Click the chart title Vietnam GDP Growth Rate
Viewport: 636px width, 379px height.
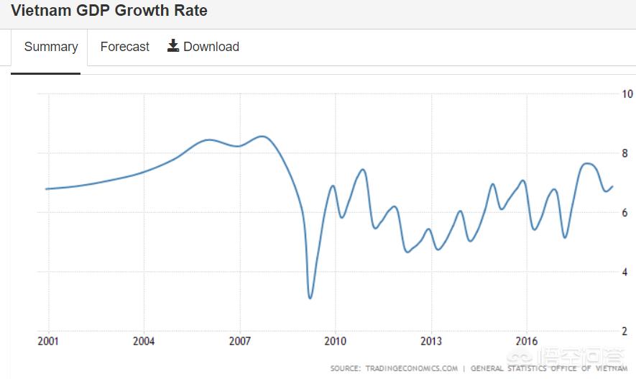coord(109,11)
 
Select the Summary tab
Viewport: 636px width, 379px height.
coord(50,47)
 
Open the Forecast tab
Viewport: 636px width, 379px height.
coord(125,47)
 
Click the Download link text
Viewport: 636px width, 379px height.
coord(211,47)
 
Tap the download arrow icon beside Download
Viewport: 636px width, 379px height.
coord(173,46)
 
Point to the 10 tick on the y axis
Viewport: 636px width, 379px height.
coord(627,93)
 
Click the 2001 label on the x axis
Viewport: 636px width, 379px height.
coord(48,341)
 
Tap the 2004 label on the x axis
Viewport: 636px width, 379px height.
coord(144,341)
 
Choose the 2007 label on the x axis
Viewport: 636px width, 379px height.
coord(239,341)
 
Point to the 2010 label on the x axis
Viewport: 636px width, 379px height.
coord(335,341)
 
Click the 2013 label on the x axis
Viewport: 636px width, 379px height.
coord(431,341)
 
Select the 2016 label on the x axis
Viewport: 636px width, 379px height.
coord(527,341)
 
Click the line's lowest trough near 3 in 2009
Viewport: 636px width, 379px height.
coord(310,298)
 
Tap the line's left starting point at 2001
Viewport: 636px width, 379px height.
coord(46,189)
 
